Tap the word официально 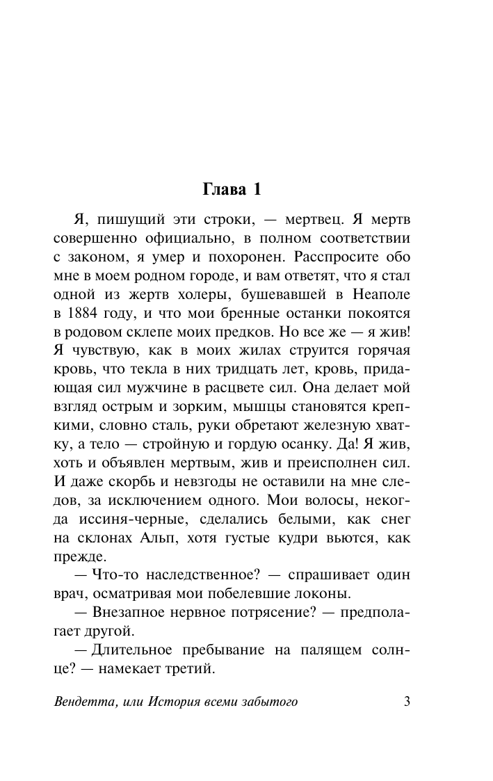(x=181, y=239)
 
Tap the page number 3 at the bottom (x=407, y=701)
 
